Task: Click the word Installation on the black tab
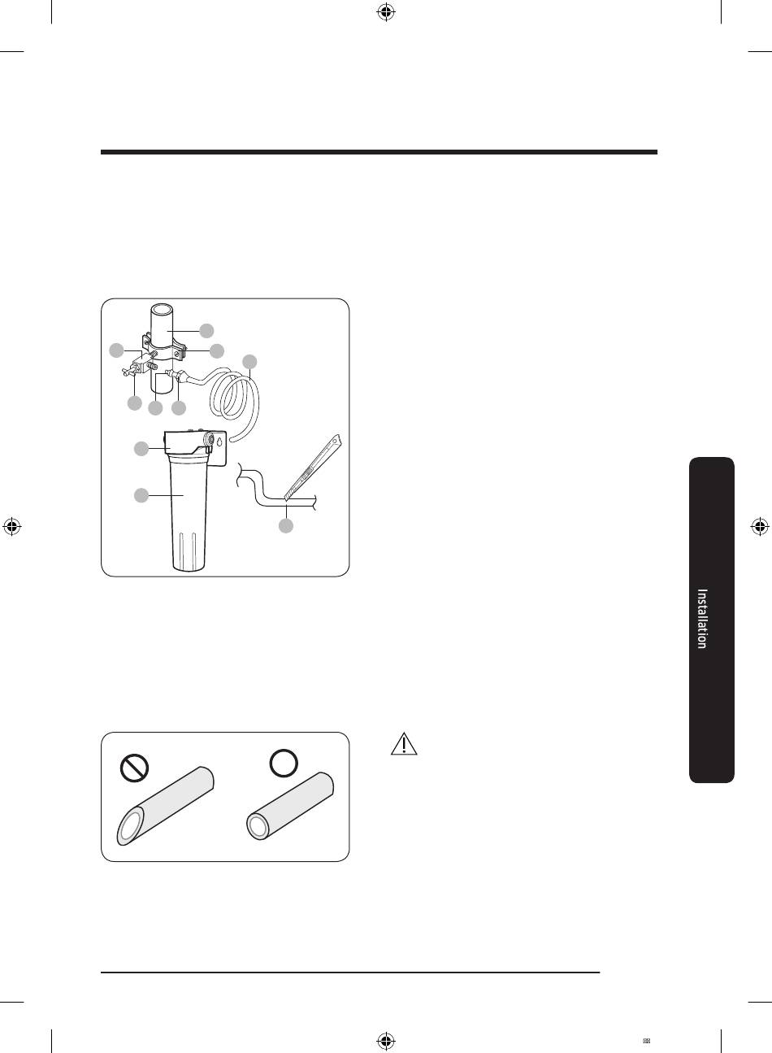702,619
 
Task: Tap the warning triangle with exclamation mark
404,744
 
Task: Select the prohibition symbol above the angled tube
134,768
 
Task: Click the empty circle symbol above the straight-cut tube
284,763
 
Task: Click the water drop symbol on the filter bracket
219,442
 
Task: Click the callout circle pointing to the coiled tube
250,362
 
